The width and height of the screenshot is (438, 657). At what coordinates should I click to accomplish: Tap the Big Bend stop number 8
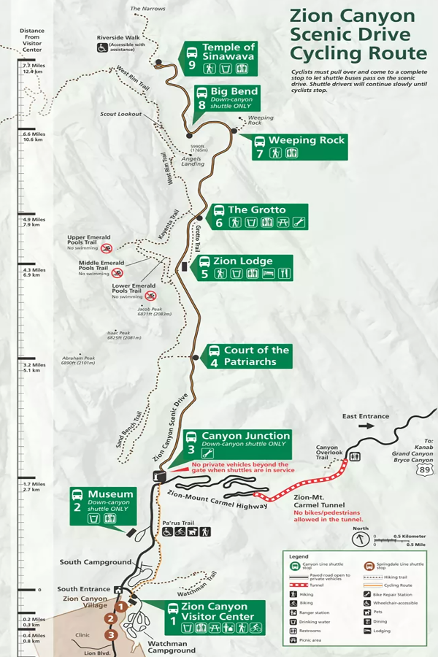[202, 104]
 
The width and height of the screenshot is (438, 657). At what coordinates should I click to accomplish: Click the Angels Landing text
[192, 163]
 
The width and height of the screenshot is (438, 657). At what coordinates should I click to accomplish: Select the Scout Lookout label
[120, 114]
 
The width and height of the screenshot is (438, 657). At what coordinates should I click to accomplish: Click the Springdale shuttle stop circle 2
[110, 619]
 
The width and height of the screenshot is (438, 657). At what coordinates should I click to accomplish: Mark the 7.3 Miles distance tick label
[34, 65]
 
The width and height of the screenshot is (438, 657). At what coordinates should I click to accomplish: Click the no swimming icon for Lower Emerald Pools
[150, 296]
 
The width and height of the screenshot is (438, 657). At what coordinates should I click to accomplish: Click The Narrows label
[147, 9]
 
